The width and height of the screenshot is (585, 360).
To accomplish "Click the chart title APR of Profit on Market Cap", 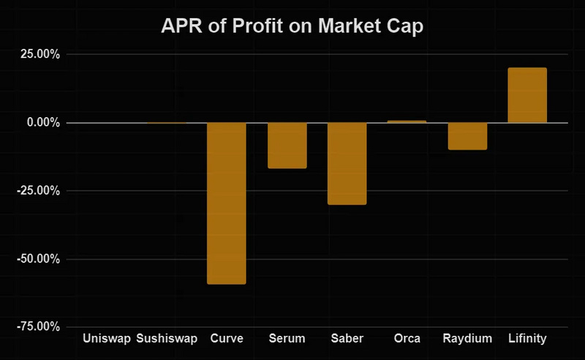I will [x=292, y=27].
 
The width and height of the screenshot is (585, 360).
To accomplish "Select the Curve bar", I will [x=227, y=203].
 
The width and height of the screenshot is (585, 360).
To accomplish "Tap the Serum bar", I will [x=287, y=146].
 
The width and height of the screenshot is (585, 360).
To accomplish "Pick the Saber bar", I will [x=347, y=163].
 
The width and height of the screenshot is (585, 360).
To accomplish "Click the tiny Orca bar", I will [x=407, y=121].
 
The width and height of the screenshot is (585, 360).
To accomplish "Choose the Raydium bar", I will [x=467, y=136].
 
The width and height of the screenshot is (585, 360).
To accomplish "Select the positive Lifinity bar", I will [x=527, y=95].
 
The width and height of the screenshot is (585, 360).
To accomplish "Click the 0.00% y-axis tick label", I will [x=42, y=122].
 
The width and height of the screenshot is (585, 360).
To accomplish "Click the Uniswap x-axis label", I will [x=107, y=339].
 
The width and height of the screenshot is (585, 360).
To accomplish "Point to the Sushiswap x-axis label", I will [x=167, y=339].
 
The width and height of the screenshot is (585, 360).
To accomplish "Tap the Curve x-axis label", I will [x=227, y=339].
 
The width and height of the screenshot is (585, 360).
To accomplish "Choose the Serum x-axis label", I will [x=287, y=339].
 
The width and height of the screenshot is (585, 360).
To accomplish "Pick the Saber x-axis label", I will [x=347, y=339].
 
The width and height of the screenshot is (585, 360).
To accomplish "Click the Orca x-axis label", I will [x=407, y=339].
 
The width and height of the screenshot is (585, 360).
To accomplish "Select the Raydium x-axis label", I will [x=467, y=339].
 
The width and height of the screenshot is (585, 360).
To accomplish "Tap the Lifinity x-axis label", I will [x=527, y=339].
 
